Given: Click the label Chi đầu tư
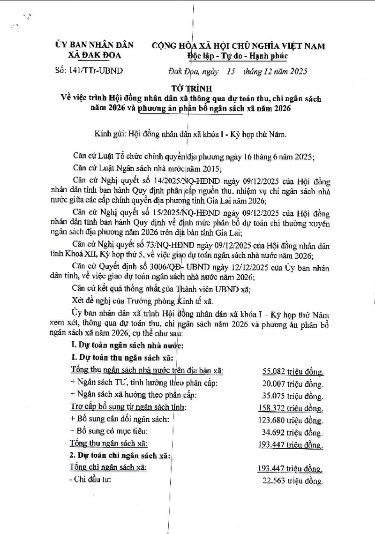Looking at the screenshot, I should [x=90, y=480].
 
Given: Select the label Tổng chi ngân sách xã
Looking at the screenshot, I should [x=108, y=467].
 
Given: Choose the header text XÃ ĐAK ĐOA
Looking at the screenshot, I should [x=93, y=56].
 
